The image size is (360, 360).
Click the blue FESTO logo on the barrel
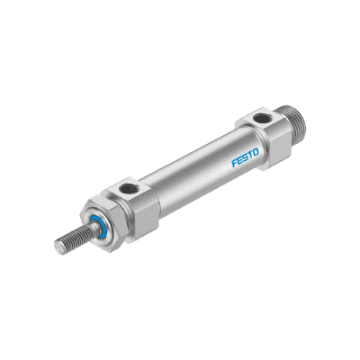[245, 157]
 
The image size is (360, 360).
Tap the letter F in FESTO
[235, 163]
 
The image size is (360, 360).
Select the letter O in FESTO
[255, 153]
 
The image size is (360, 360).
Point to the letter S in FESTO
[246, 157]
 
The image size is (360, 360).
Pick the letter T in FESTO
[250, 156]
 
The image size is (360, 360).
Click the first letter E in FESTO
[240, 160]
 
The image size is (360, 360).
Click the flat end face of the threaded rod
[58, 245]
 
